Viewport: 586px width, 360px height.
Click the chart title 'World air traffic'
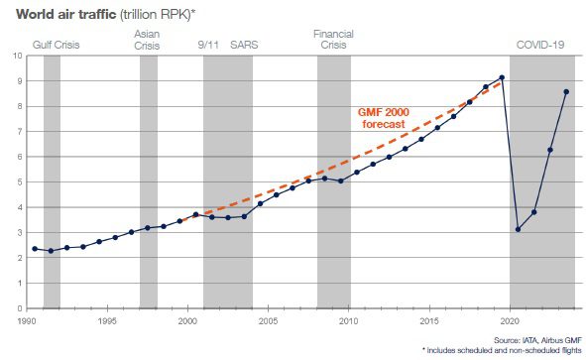click(x=66, y=14)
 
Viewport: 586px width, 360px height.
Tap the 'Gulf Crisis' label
click(x=57, y=45)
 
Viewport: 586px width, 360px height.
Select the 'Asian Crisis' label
click(x=147, y=40)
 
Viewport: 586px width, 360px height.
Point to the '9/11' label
click(x=208, y=45)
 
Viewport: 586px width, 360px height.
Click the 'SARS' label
click(x=244, y=45)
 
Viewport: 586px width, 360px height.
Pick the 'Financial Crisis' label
click(x=333, y=40)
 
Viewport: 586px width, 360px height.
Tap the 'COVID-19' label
click(x=540, y=45)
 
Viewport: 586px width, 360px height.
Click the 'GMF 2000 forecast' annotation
click(x=384, y=118)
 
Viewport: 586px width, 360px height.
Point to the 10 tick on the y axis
click(x=17, y=56)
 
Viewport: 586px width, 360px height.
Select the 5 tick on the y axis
click(x=20, y=182)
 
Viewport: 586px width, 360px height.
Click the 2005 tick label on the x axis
click(x=268, y=321)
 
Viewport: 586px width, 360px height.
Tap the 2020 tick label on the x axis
click(x=510, y=321)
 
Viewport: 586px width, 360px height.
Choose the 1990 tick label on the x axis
click(x=27, y=321)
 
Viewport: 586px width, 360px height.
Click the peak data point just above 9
click(x=502, y=77)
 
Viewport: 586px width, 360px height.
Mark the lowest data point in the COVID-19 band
click(x=518, y=229)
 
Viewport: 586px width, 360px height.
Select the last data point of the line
click(x=566, y=92)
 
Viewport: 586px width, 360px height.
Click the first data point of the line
click(x=35, y=249)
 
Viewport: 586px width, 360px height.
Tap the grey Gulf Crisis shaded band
click(x=52, y=181)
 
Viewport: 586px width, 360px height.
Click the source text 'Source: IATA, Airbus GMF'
click(x=537, y=340)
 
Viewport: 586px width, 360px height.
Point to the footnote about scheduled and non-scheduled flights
click(x=502, y=350)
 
